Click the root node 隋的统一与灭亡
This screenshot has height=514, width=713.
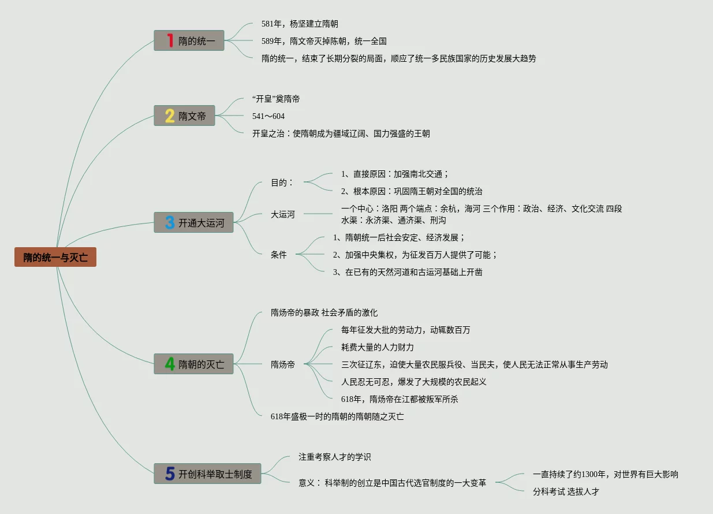coord(55,258)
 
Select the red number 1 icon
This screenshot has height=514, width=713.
coord(170,40)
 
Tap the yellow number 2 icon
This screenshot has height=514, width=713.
coord(170,116)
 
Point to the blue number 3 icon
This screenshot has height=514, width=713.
coord(170,222)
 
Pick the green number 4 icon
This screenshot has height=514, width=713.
coord(170,364)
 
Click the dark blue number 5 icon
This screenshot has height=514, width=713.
coord(170,474)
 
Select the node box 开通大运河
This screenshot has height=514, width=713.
coord(194,222)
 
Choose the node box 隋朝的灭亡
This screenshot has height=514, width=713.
coord(194,364)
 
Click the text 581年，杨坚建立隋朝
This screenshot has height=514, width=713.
coord(300,24)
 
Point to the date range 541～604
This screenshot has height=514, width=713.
coord(268,116)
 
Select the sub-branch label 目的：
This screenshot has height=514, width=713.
coord(282,182)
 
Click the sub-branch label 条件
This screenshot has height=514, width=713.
coord(279,255)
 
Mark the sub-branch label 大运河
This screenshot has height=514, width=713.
coord(283,214)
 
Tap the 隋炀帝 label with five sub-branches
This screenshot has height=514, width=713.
coord(283,364)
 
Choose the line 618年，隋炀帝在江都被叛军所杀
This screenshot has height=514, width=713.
coord(400,399)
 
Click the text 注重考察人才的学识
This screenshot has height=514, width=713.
coord(334,457)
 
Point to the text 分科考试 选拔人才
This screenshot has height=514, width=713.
coord(566,491)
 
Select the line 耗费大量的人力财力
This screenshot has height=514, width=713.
coord(378,347)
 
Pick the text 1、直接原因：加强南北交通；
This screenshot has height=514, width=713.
coord(395,174)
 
